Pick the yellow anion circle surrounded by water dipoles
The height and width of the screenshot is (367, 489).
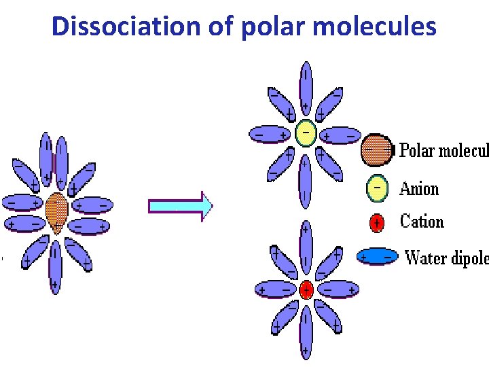pyautogui.click(x=306, y=133)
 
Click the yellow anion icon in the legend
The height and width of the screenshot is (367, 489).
pyautogui.click(x=377, y=189)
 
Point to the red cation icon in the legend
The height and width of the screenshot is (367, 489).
pyautogui.click(x=376, y=222)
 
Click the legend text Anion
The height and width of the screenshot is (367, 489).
pyautogui.click(x=419, y=189)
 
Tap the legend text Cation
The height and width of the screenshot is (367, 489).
pyautogui.click(x=422, y=222)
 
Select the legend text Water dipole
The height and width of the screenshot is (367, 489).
pyautogui.click(x=446, y=258)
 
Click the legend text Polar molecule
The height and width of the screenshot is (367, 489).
pyautogui.click(x=443, y=150)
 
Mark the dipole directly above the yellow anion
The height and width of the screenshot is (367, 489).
pyautogui.click(x=306, y=88)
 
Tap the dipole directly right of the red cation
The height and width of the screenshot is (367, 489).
pyautogui.click(x=338, y=290)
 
